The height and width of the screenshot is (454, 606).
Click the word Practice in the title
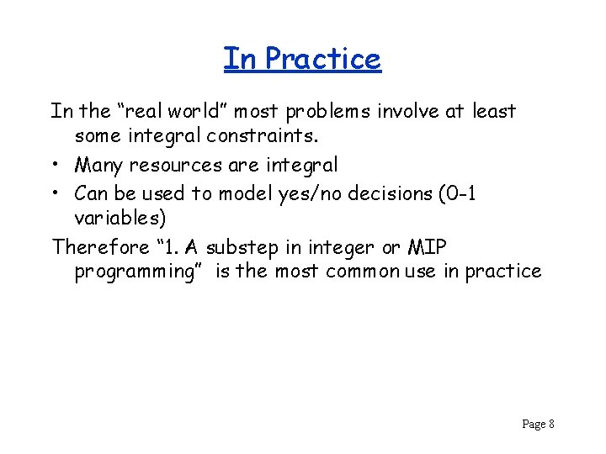click(322, 59)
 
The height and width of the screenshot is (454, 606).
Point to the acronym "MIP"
click(429, 247)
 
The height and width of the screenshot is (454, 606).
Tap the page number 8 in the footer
click(550, 424)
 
